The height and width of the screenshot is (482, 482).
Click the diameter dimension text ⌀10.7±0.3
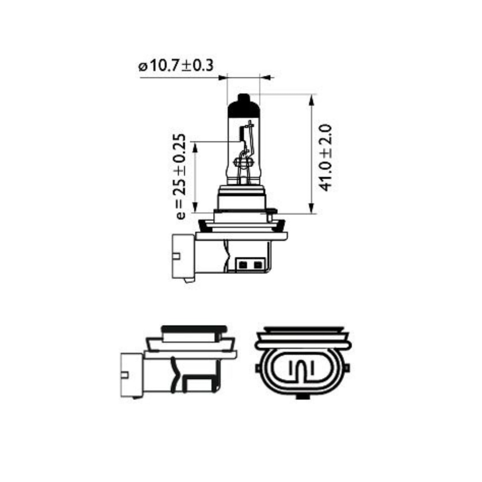[x=176, y=66]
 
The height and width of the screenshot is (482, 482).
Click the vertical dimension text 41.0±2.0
[x=325, y=158]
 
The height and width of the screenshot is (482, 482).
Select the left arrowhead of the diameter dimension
[x=222, y=78]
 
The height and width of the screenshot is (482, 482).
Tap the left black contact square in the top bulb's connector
[x=243, y=265]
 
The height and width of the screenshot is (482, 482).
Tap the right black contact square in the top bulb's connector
[x=257, y=265]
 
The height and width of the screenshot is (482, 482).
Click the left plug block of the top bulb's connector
[x=183, y=256]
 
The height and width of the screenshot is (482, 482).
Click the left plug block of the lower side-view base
[x=131, y=375]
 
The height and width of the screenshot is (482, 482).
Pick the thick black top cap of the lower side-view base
[x=194, y=329]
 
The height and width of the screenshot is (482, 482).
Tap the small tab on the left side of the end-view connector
[x=258, y=368]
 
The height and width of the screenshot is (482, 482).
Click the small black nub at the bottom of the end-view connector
[x=302, y=397]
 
